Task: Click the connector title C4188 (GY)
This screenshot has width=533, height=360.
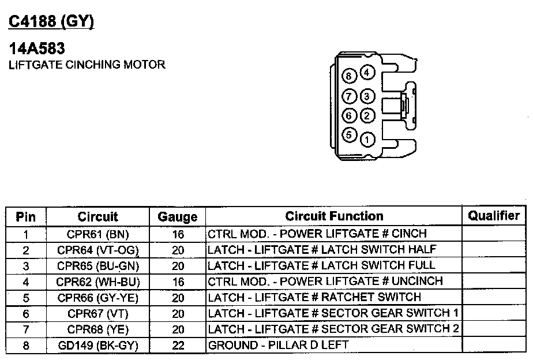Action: pyautogui.click(x=51, y=21)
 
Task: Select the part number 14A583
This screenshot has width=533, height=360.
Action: pyautogui.click(x=36, y=49)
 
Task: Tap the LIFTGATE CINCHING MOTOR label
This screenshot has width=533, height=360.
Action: pyautogui.click(x=87, y=65)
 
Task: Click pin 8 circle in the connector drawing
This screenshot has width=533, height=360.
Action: pyautogui.click(x=349, y=76)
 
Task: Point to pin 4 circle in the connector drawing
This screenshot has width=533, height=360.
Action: pyautogui.click(x=367, y=73)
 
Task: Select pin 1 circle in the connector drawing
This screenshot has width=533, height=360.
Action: pyautogui.click(x=367, y=139)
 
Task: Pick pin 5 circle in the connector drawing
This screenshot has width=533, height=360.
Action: pyautogui.click(x=349, y=136)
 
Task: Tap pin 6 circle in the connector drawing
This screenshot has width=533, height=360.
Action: pyautogui.click(x=349, y=115)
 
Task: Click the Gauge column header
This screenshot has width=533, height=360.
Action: pyautogui.click(x=178, y=217)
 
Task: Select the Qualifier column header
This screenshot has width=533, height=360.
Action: pyautogui.click(x=494, y=216)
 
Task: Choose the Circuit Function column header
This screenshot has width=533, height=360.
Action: pyautogui.click(x=334, y=216)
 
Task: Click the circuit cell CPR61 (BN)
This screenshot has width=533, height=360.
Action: pyautogui.click(x=97, y=234)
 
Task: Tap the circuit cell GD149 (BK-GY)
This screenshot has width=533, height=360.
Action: pyautogui.click(x=97, y=346)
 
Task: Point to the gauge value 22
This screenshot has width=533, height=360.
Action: pyautogui.click(x=178, y=346)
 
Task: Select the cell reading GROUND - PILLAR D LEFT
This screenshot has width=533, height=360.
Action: pyautogui.click(x=278, y=346)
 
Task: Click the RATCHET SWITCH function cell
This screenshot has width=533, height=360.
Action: pyautogui.click(x=314, y=298)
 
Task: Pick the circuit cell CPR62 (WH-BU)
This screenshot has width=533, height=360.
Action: pyautogui.click(x=97, y=282)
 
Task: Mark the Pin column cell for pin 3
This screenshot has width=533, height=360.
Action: pyautogui.click(x=25, y=266)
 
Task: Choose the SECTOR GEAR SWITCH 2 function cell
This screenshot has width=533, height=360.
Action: pyautogui.click(x=333, y=329)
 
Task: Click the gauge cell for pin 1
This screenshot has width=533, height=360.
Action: pyautogui.click(x=178, y=234)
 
